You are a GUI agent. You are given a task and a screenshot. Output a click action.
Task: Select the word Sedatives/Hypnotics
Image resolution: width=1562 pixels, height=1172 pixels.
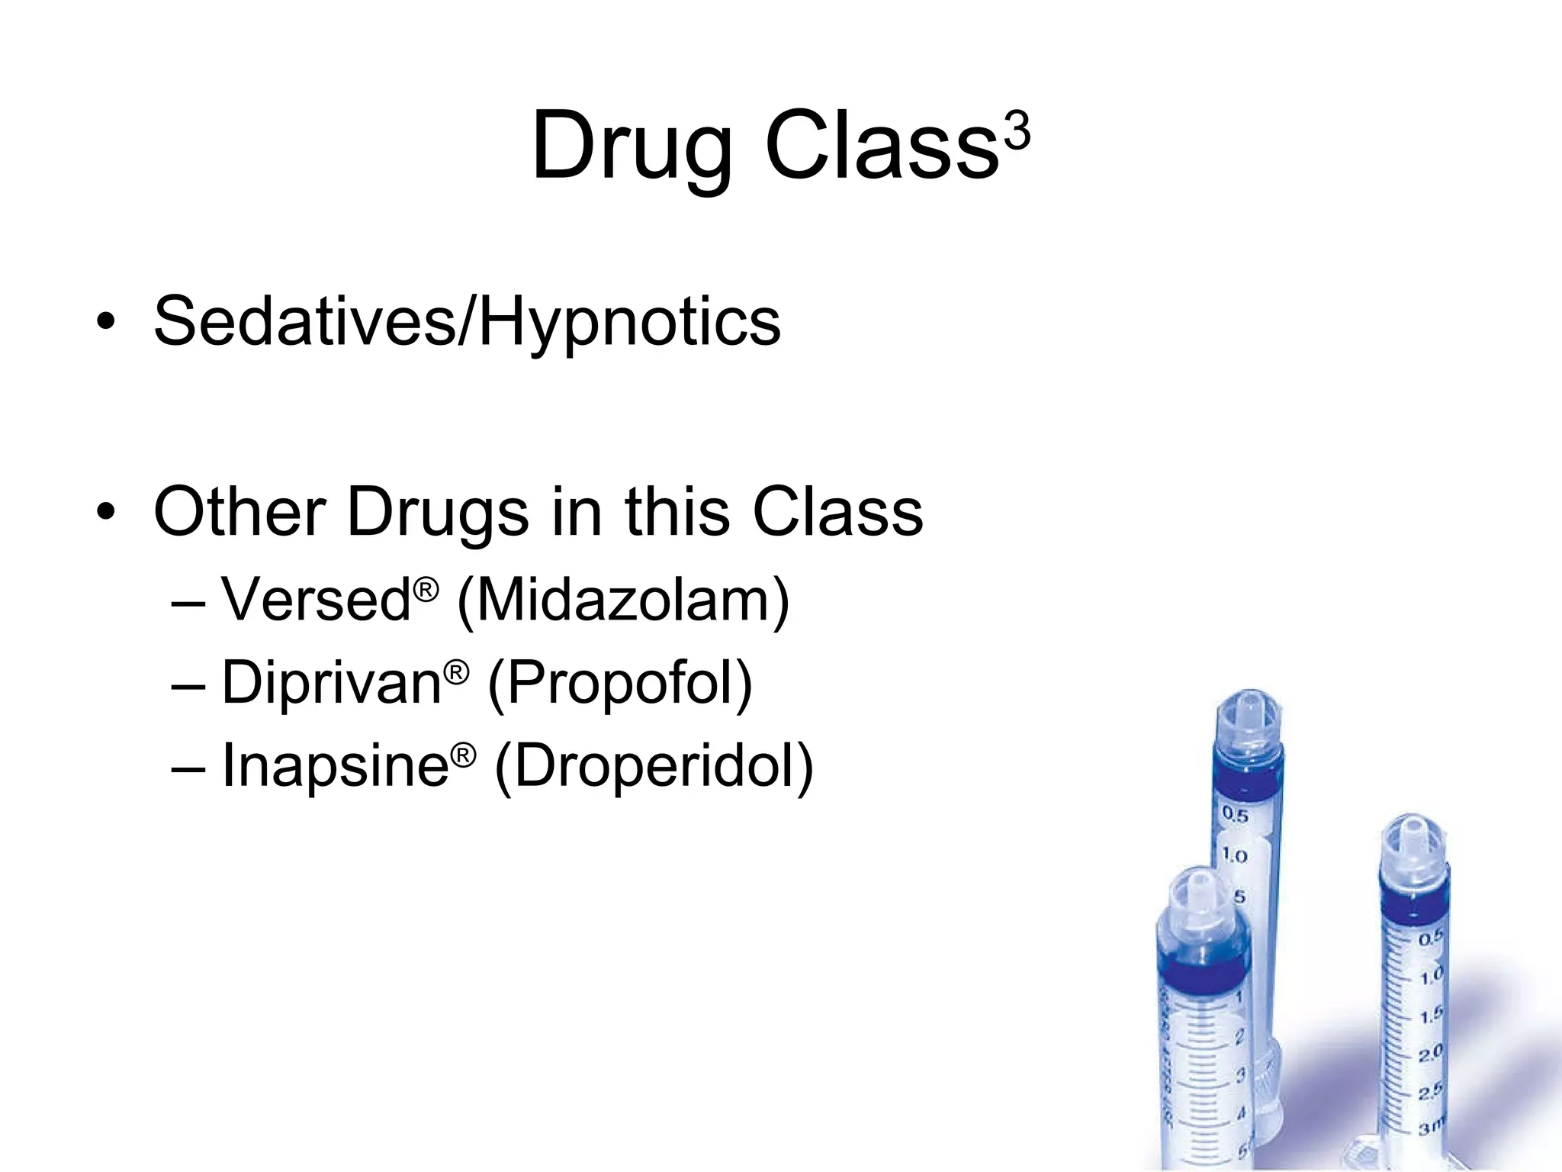[467, 322]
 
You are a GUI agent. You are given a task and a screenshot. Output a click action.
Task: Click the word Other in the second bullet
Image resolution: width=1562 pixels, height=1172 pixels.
[239, 511]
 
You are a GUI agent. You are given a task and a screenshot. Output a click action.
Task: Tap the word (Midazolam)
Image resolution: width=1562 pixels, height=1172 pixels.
[622, 601]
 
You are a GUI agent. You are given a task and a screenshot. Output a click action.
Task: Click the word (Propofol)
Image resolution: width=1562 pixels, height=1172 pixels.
[619, 684]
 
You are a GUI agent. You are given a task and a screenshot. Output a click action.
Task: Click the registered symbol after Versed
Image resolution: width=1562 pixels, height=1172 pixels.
[426, 588]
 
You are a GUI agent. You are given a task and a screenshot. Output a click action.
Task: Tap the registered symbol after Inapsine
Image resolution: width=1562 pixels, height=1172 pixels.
[463, 755]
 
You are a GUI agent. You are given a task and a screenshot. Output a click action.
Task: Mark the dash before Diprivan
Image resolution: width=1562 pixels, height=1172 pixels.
[188, 684]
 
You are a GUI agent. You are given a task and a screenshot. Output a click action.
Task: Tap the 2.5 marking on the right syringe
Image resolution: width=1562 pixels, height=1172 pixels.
[1430, 1093]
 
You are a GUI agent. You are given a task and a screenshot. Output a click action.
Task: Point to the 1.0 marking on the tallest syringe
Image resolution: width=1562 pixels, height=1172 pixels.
[1235, 855]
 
